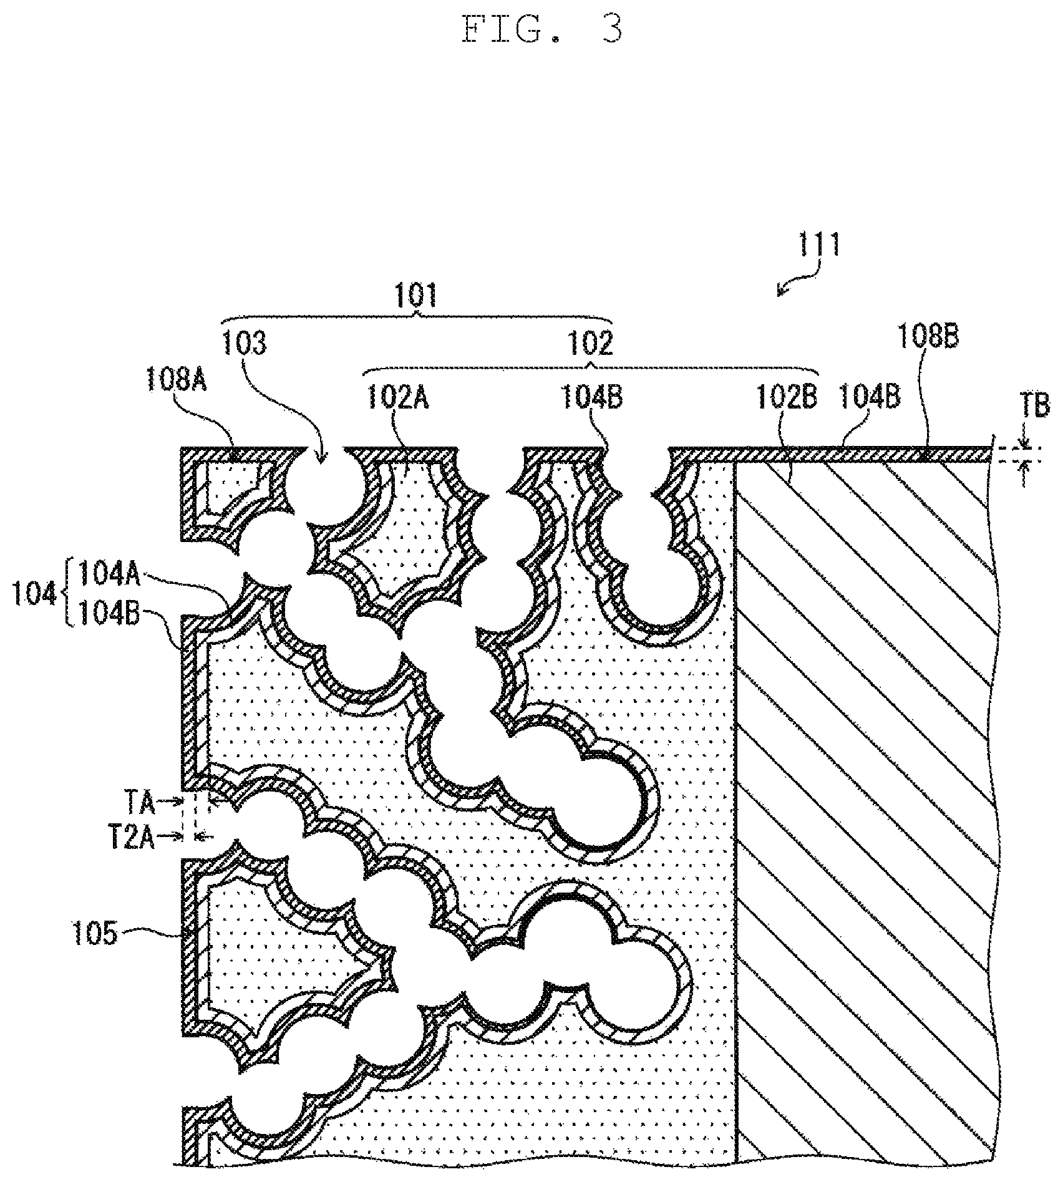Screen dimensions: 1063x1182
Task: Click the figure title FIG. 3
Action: (542, 29)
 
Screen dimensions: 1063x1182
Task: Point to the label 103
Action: (245, 343)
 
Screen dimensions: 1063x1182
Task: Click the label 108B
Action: (928, 337)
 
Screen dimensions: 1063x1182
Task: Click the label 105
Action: (92, 936)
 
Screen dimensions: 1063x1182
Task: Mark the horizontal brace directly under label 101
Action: (417, 321)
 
